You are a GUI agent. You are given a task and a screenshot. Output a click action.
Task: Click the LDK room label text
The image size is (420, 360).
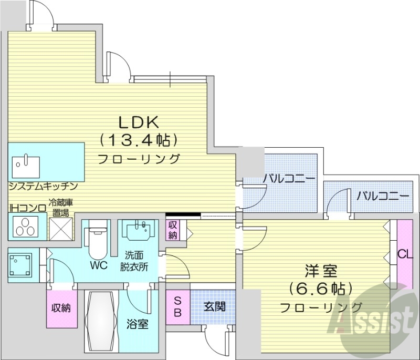click(138, 122)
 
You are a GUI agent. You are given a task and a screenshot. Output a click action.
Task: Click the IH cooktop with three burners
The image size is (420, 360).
click(24, 227)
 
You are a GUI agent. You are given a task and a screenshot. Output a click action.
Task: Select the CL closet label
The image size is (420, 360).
click(405, 255)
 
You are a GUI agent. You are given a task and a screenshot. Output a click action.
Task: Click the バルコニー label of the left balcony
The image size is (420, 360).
click(289, 179)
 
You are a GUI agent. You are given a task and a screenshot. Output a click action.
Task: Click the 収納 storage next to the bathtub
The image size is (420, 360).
click(60, 307)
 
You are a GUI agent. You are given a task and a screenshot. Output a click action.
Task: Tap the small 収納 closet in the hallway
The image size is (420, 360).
click(173, 229)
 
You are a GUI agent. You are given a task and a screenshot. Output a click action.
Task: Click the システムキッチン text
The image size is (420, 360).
click(43, 186)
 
